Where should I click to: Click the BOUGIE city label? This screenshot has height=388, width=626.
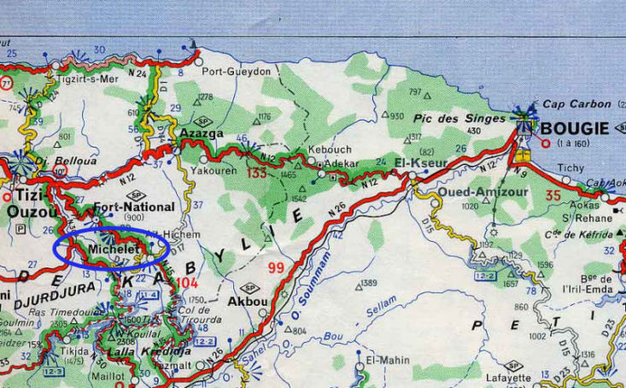click(x=575, y=128)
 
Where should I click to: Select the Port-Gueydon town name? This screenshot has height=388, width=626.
click(x=237, y=72)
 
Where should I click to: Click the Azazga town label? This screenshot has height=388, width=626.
click(x=202, y=133)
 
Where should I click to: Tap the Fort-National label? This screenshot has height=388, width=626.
click(x=134, y=207)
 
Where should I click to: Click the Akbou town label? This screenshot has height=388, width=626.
click(x=249, y=301)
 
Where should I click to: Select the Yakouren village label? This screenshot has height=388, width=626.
click(x=231, y=168)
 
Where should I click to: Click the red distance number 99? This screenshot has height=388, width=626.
click(x=275, y=268)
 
